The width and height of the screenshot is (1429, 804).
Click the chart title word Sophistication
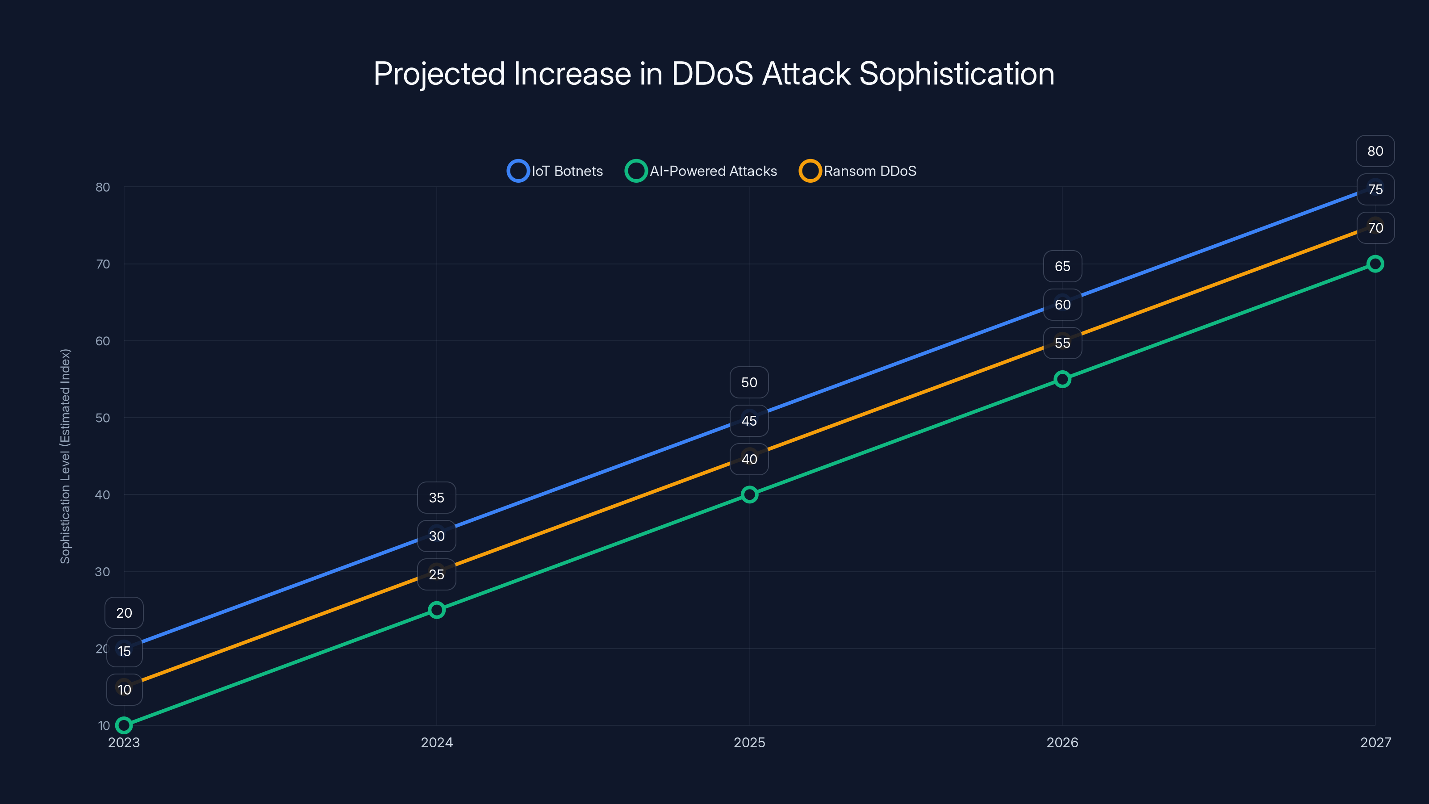pos(957,74)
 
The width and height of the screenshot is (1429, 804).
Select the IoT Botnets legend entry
pos(555,171)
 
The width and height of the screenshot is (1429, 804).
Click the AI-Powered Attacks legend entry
pos(701,171)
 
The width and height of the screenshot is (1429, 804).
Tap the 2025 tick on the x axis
pos(749,742)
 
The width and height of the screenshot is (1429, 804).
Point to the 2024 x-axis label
pos(437,742)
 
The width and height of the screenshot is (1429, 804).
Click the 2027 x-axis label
pos(1375,742)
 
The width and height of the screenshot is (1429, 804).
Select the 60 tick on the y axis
pos(103,341)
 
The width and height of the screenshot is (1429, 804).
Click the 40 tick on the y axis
pos(103,494)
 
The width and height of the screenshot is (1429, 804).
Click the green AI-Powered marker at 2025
pos(749,494)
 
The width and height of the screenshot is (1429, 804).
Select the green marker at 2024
pos(437,610)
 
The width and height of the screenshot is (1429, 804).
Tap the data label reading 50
pos(749,382)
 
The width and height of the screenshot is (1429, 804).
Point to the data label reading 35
pos(437,498)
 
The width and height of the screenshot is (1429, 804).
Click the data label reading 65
pos(1062,266)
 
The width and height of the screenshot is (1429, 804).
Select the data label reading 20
pos(124,612)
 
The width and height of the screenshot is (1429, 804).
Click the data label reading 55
pos(1062,343)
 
